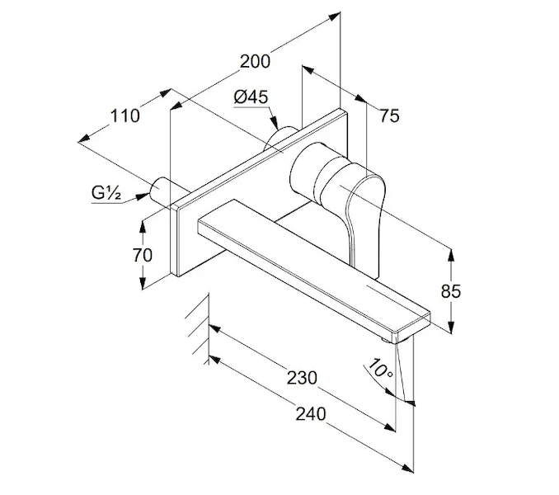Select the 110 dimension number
click(x=124, y=115)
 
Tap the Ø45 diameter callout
click(x=251, y=97)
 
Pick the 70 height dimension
click(x=143, y=255)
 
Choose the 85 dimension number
click(x=451, y=290)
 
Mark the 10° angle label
click(x=380, y=368)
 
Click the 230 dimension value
click(x=301, y=379)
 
